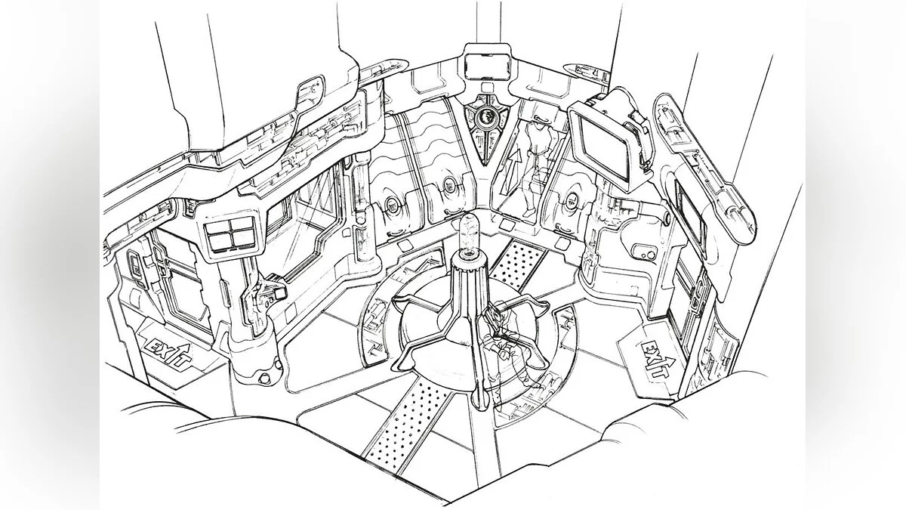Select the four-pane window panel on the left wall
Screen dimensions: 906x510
(230, 234)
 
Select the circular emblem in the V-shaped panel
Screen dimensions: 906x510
(485, 117)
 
